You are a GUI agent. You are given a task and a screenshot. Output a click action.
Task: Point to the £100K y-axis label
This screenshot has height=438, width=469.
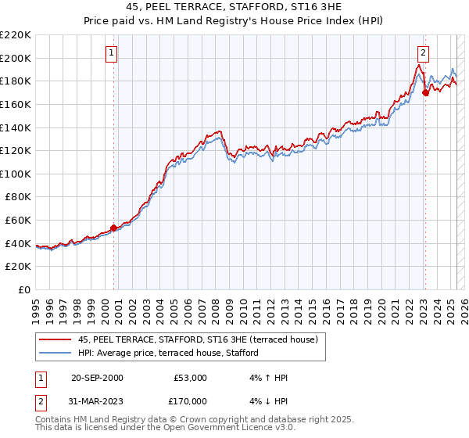(x=16, y=174)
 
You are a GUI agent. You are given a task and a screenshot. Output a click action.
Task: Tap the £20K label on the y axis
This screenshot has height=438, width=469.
(x=19, y=267)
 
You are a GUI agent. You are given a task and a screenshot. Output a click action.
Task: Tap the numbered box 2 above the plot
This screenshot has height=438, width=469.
(x=423, y=53)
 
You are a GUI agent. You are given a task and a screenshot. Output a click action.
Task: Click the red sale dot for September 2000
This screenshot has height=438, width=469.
(x=114, y=228)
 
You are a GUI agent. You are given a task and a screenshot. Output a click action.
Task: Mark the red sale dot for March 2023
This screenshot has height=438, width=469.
(x=425, y=93)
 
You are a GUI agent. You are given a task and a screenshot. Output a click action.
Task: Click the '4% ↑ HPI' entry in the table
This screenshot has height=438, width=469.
(x=267, y=378)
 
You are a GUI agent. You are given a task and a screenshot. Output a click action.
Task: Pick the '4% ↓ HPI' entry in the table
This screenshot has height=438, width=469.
(x=267, y=400)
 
